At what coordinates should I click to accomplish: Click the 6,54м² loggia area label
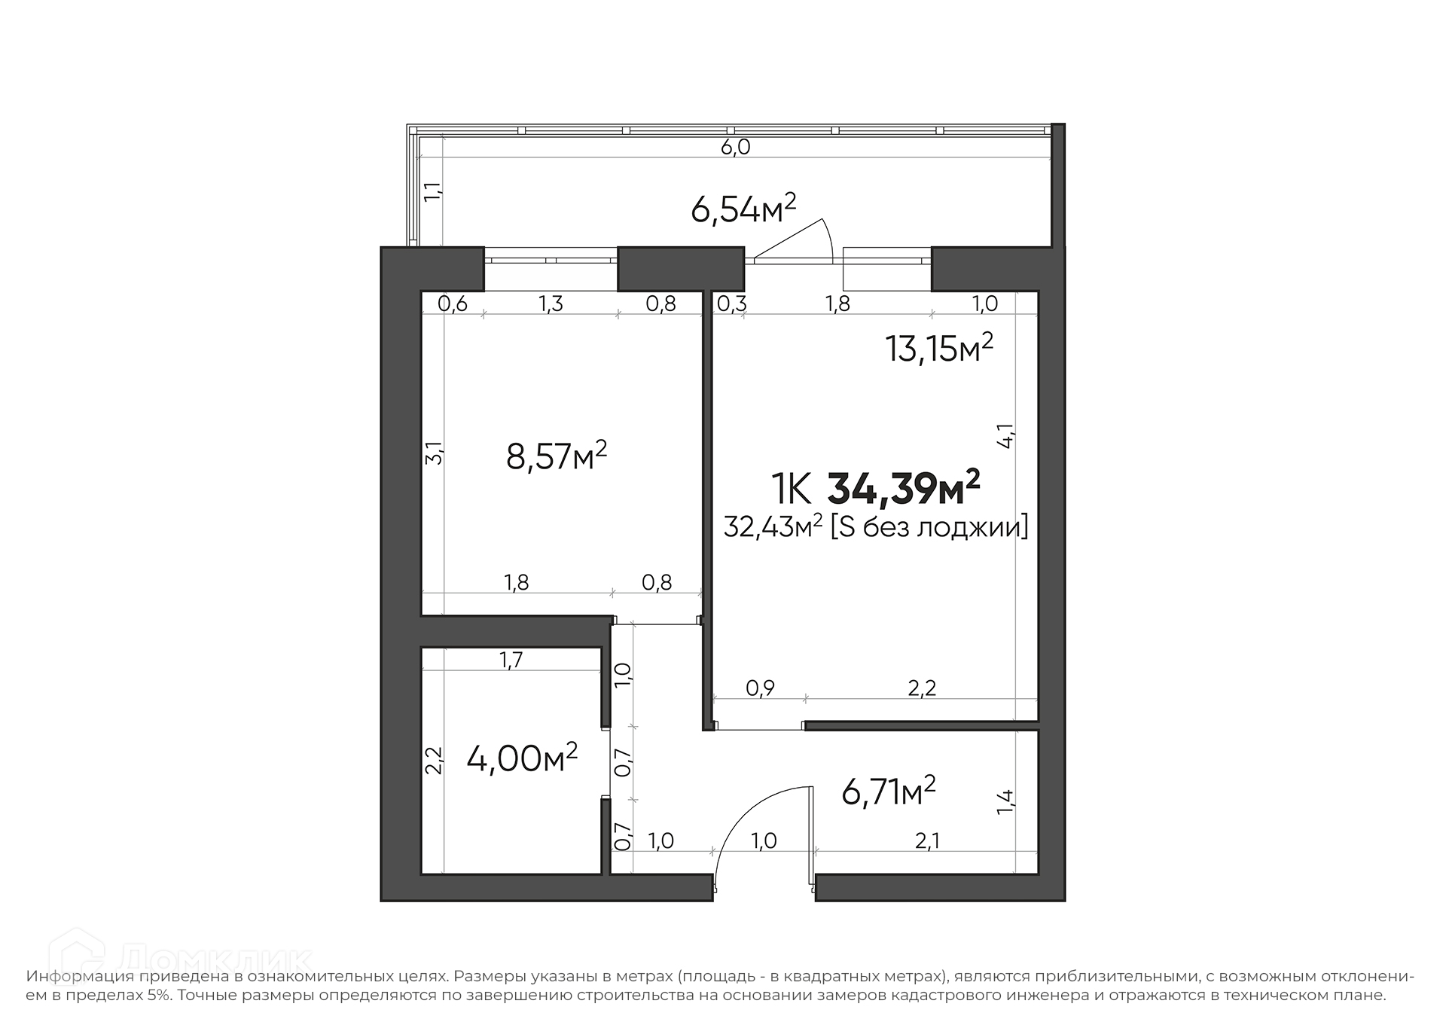tap(743, 209)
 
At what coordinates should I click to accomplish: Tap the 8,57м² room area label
tap(557, 456)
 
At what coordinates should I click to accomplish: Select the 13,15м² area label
tap(939, 348)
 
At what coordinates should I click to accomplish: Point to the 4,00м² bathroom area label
tap(522, 758)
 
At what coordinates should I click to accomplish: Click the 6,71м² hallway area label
tap(889, 792)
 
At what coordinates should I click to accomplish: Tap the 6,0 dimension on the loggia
tap(736, 147)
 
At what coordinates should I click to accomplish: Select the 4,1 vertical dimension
tap(1006, 437)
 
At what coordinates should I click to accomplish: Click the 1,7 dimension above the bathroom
tap(511, 660)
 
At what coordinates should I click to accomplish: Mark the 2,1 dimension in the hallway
tap(927, 840)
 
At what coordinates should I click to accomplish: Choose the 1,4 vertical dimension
tap(1005, 801)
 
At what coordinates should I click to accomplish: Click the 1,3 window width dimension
tap(551, 304)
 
